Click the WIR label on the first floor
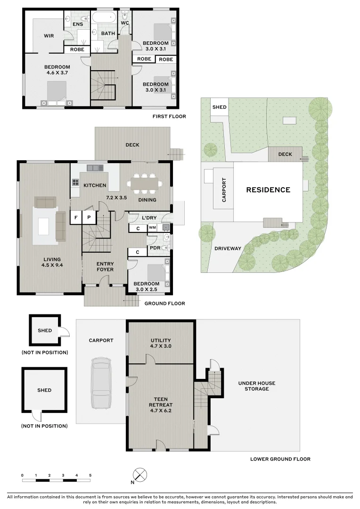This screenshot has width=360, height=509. (49, 36)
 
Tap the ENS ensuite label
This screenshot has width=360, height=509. (78, 24)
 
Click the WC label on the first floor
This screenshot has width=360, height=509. (125, 23)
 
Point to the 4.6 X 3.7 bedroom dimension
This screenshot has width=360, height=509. (57, 74)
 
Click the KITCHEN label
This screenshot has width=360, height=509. (95, 185)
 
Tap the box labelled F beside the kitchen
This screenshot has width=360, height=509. (75, 217)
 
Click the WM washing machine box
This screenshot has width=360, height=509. (152, 228)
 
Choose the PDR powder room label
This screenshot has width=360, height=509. (155, 247)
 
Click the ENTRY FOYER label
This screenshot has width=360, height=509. (105, 267)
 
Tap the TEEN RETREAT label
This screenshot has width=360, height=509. (161, 401)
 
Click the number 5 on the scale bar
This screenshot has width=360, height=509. (90, 475)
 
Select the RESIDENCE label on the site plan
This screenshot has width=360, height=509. (268, 190)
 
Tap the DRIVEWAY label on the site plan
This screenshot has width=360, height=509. (228, 248)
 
